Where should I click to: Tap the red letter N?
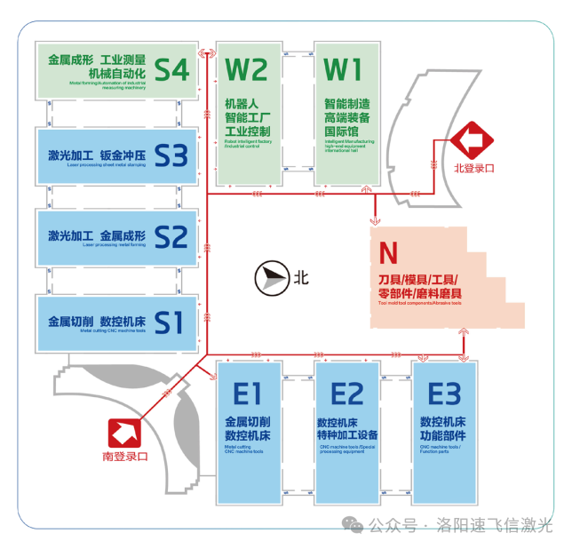pos(388,254)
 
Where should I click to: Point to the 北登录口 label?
pos(473,167)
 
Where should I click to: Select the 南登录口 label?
pos(124,457)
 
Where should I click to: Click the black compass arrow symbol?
pos(270,278)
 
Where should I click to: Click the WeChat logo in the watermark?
pos(355,525)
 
